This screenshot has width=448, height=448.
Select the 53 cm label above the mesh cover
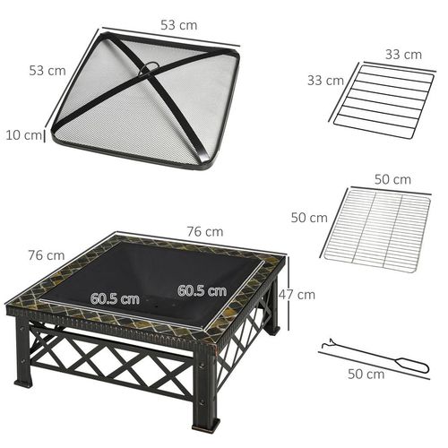(x=179, y=26)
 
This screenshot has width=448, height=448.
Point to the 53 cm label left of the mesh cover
(x=47, y=71)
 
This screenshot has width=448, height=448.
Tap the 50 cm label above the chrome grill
(x=392, y=179)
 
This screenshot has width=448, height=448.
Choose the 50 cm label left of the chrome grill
(x=310, y=218)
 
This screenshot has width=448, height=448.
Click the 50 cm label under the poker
(x=366, y=374)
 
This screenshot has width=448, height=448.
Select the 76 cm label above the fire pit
(x=205, y=231)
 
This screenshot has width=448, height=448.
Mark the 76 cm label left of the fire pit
(x=47, y=255)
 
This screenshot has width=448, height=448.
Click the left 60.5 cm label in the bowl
(x=114, y=297)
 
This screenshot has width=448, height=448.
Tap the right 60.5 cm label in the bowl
(x=202, y=290)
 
